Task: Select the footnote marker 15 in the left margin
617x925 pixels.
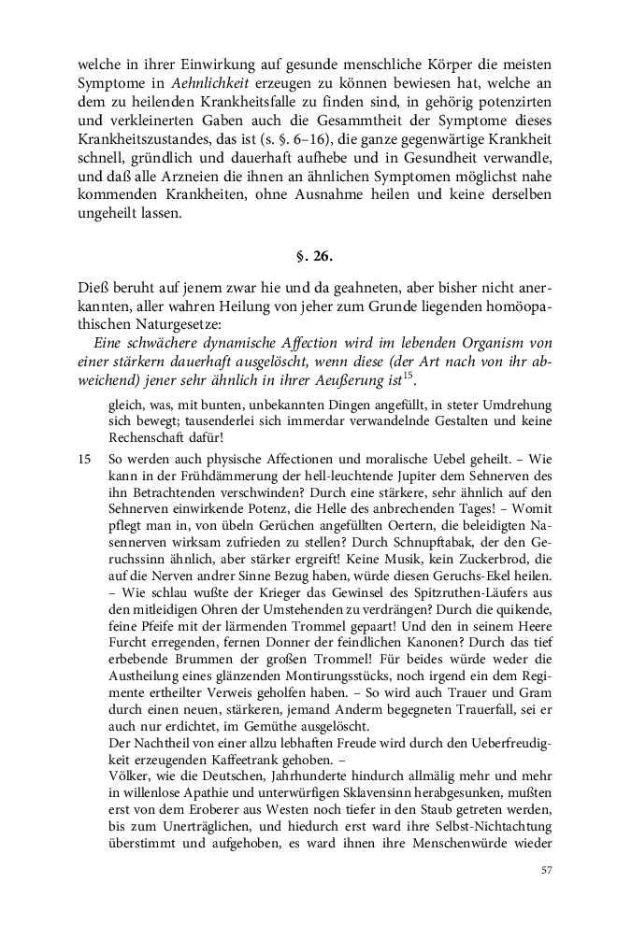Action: coord(85,460)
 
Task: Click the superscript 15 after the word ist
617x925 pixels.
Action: coord(408,377)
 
